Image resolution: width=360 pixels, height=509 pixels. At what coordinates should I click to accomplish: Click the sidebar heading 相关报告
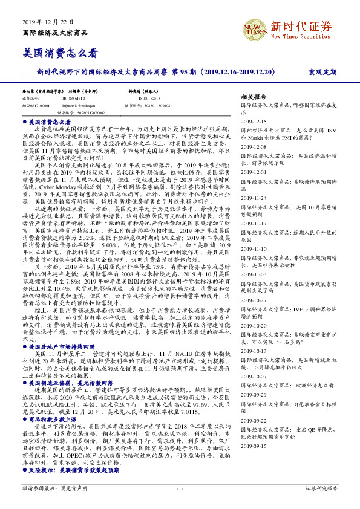(253, 97)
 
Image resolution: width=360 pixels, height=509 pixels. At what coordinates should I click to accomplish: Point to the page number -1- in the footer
(180, 487)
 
